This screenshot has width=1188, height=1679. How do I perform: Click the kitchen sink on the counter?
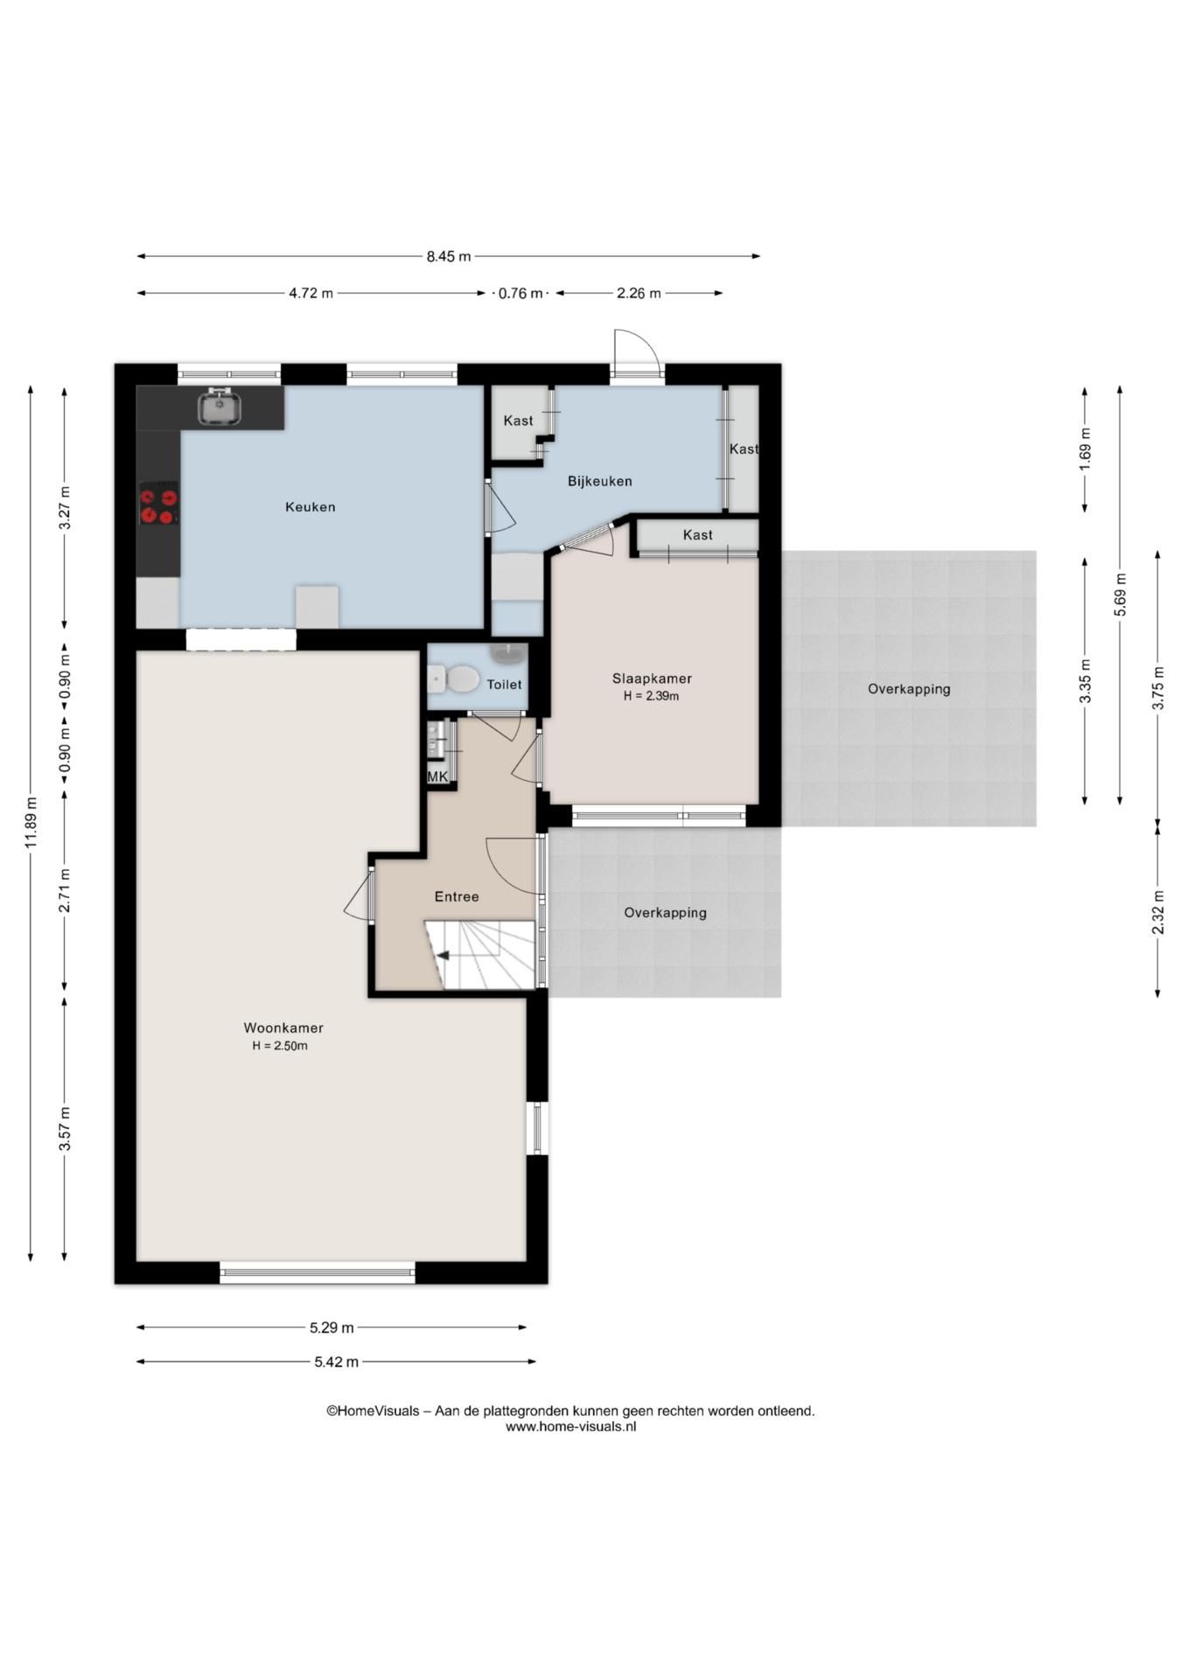point(220,407)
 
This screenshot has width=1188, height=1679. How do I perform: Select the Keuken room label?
point(311,507)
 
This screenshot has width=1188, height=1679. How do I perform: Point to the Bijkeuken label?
point(600,481)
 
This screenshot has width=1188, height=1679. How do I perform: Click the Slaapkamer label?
point(652,679)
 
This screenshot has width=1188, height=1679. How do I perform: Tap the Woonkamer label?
point(283,1028)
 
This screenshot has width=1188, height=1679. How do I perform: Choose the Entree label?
point(457,896)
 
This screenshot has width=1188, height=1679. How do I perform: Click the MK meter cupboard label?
point(437,777)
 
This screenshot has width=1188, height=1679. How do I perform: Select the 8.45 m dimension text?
point(449,256)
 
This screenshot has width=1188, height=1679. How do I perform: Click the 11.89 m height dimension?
point(31,823)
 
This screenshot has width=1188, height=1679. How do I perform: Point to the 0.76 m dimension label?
point(521,293)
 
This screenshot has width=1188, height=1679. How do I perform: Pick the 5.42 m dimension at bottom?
point(336,1362)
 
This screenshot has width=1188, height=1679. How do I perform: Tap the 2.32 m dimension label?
point(1158,912)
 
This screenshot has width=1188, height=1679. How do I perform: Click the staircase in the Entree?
point(479,955)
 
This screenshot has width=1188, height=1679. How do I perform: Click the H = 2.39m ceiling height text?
point(652,696)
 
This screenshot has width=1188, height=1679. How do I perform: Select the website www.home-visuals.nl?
point(570,1426)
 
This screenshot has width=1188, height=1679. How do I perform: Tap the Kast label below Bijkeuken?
point(698,535)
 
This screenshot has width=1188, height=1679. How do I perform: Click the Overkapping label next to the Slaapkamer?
point(909,689)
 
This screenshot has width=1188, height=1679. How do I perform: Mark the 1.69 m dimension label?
point(1086,449)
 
